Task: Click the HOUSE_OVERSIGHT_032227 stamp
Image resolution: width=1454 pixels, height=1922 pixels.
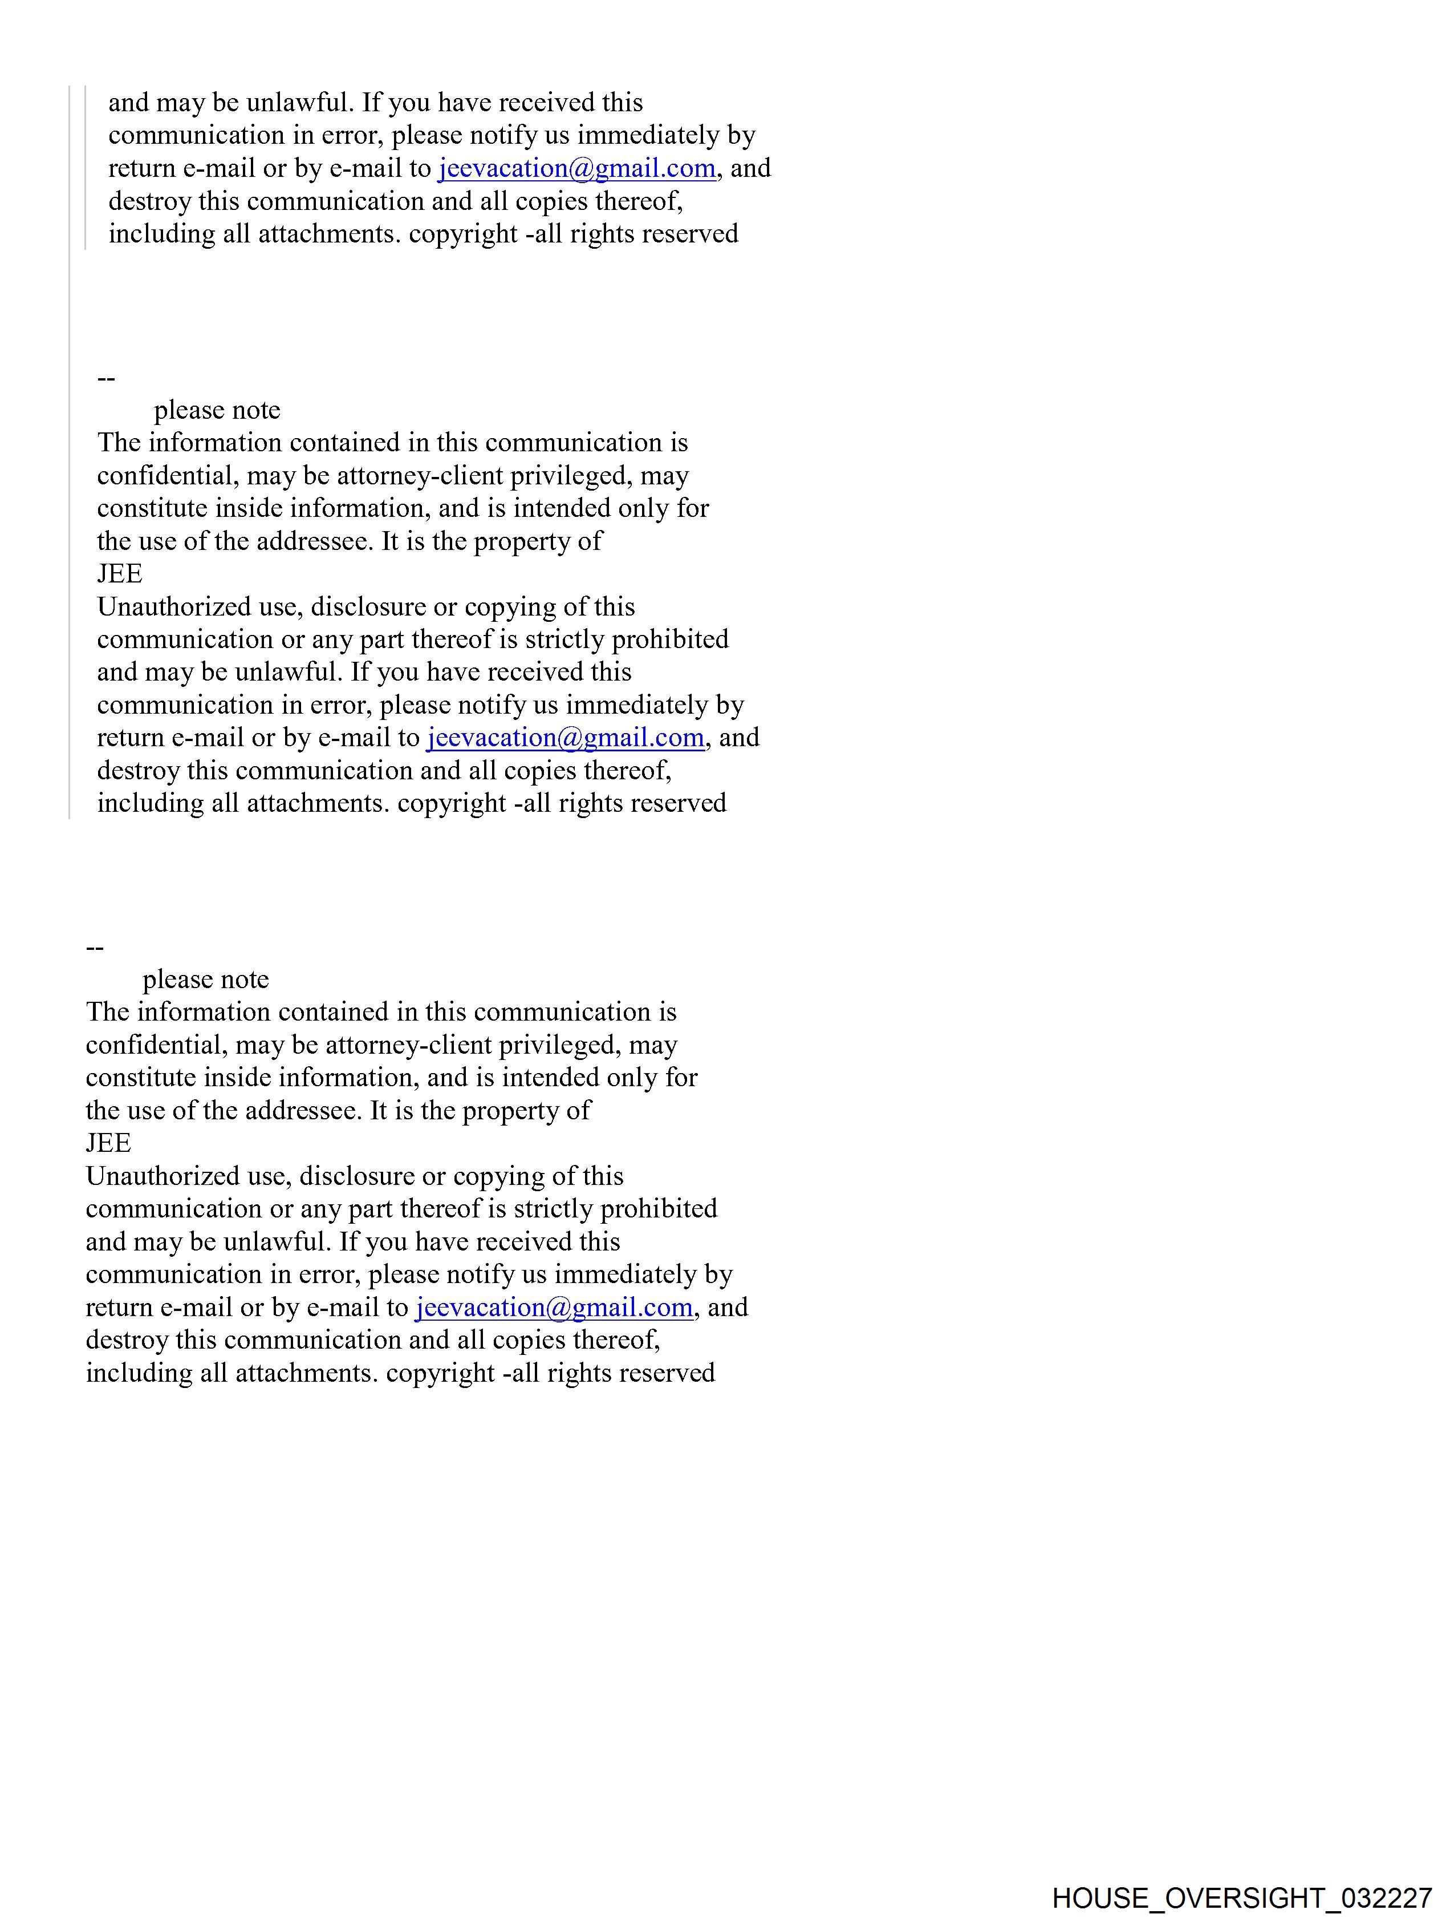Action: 1241,1897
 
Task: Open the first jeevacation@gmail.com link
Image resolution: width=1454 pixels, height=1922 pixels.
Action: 576,168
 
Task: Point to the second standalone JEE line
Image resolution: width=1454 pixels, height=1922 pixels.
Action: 108,1143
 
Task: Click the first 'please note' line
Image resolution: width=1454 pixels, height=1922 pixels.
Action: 217,410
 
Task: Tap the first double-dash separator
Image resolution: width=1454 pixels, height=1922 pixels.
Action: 106,378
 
